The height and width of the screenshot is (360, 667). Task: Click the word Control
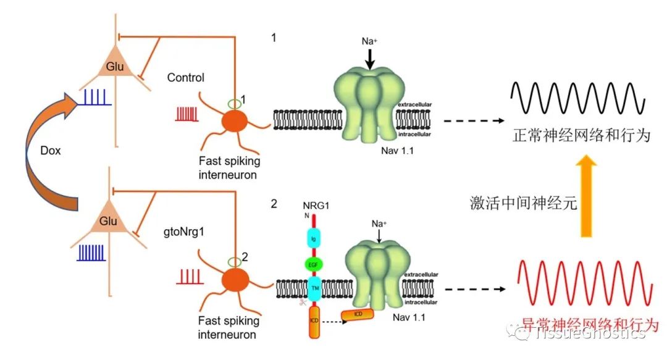pos(185,78)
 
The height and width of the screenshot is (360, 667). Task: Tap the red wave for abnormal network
pos(584,288)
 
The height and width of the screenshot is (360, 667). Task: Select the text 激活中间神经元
pos(523,203)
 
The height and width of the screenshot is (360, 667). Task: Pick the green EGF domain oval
pos(313,265)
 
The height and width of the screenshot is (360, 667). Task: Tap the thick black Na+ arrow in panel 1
pos(369,59)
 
